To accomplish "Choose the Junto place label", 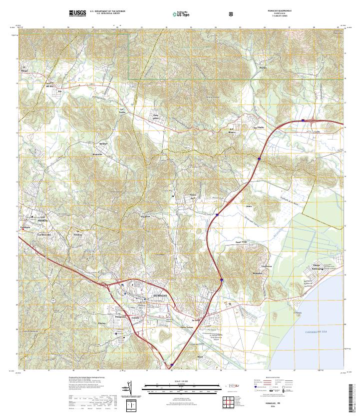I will (x=249, y=205).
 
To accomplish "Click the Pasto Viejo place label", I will (x=242, y=242).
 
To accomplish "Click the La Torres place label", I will (x=122, y=110).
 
